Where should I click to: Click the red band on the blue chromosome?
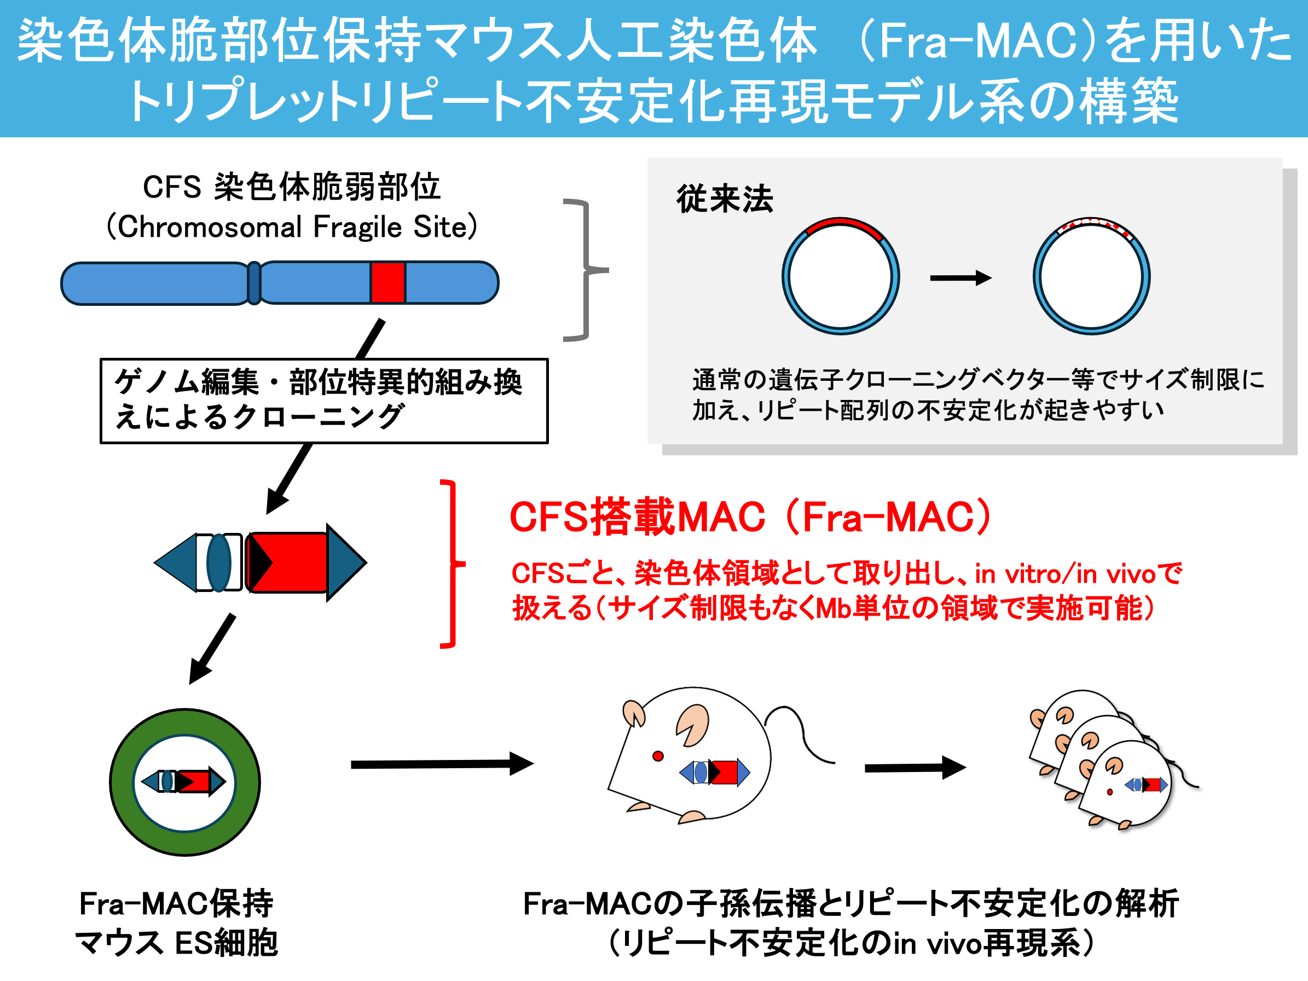tap(388, 283)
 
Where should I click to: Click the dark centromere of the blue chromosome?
tap(254, 283)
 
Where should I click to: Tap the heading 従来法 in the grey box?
tap(725, 199)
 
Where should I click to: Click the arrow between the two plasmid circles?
tap(960, 278)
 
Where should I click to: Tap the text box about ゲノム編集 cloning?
tap(324, 400)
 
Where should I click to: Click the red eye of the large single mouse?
tap(657, 756)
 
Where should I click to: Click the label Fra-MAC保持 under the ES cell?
tap(176, 903)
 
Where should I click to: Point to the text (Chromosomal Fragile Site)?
tap(292, 227)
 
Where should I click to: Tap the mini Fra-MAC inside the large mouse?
tap(714, 772)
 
